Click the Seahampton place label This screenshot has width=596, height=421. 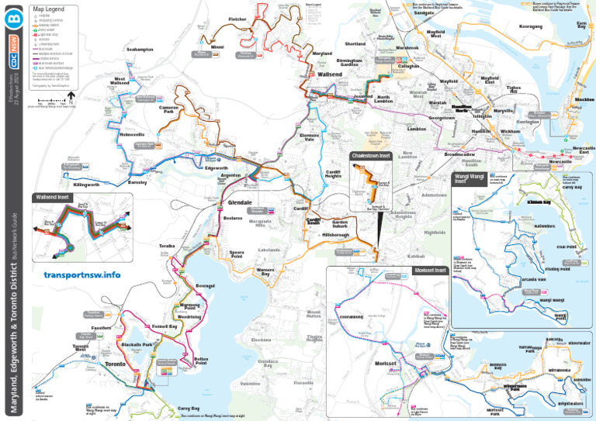140,50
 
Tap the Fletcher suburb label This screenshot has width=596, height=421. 238,19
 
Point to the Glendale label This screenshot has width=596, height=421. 241,202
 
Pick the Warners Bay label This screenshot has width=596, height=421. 265,272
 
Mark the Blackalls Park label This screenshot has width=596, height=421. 137,343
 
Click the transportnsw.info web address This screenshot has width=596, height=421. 82,275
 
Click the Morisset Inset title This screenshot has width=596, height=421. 430,271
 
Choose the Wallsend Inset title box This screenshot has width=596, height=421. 53,197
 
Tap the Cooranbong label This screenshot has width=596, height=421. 352,317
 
